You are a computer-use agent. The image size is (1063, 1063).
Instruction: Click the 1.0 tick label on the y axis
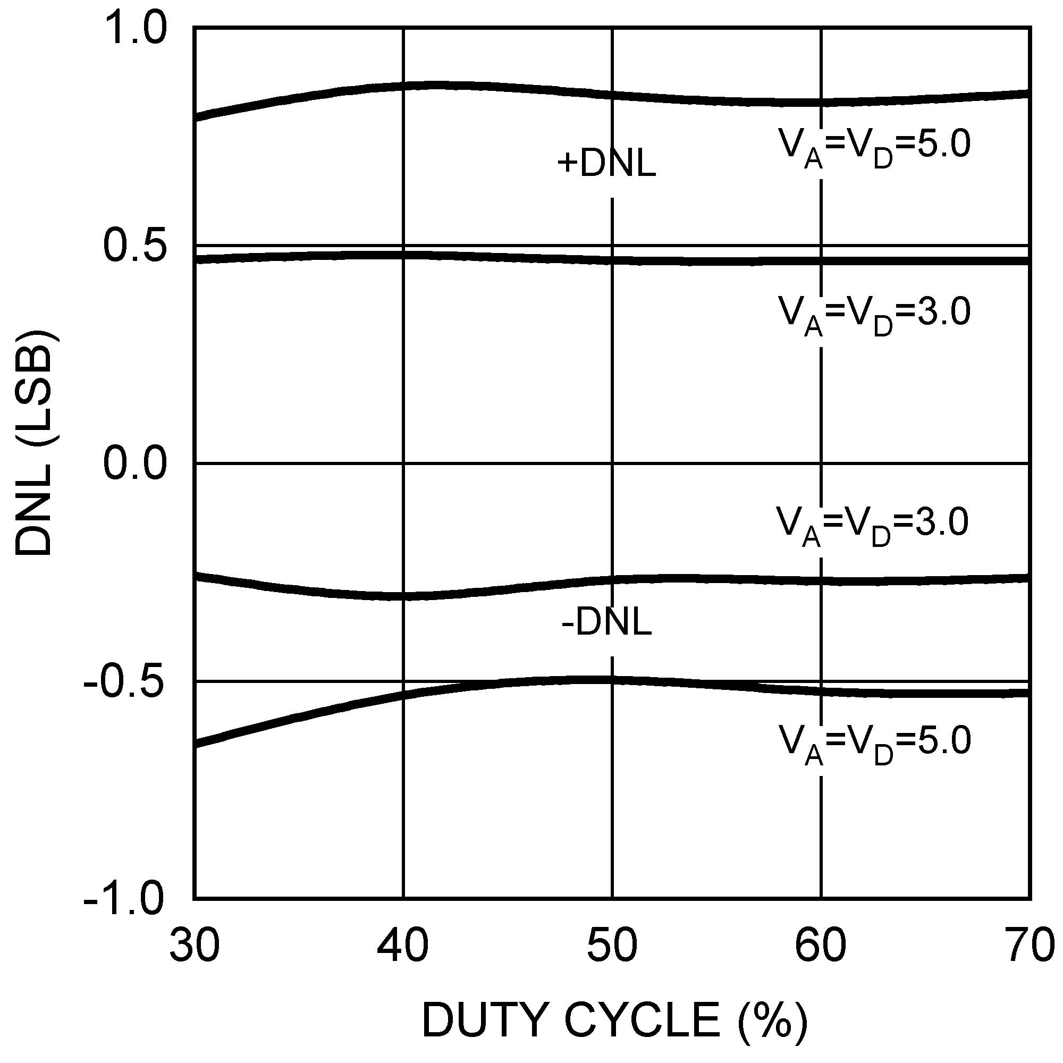(x=134, y=29)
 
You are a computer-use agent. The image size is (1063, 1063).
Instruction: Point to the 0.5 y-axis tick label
(x=134, y=247)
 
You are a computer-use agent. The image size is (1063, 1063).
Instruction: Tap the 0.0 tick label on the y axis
(x=134, y=464)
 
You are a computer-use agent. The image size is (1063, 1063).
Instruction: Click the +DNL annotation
(x=607, y=164)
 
